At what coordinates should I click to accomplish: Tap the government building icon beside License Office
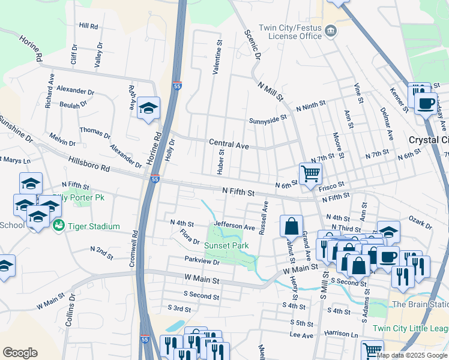(x=330, y=31)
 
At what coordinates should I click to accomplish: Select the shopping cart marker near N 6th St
(x=310, y=174)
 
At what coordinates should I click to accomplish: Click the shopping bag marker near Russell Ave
(x=291, y=226)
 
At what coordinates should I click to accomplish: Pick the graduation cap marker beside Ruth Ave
(x=148, y=108)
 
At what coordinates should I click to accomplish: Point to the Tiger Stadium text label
(x=94, y=226)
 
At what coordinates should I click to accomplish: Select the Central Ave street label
(x=228, y=144)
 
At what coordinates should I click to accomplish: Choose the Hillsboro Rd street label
(x=89, y=163)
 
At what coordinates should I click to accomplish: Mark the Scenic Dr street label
(x=252, y=45)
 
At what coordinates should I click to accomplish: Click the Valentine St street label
(x=218, y=57)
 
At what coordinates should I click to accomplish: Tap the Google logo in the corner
(x=20, y=353)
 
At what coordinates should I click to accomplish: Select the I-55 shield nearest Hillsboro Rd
(x=155, y=179)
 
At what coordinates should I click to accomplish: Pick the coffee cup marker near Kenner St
(x=426, y=103)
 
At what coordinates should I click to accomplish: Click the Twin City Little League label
(x=410, y=328)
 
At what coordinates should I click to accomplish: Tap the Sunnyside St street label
(x=268, y=119)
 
